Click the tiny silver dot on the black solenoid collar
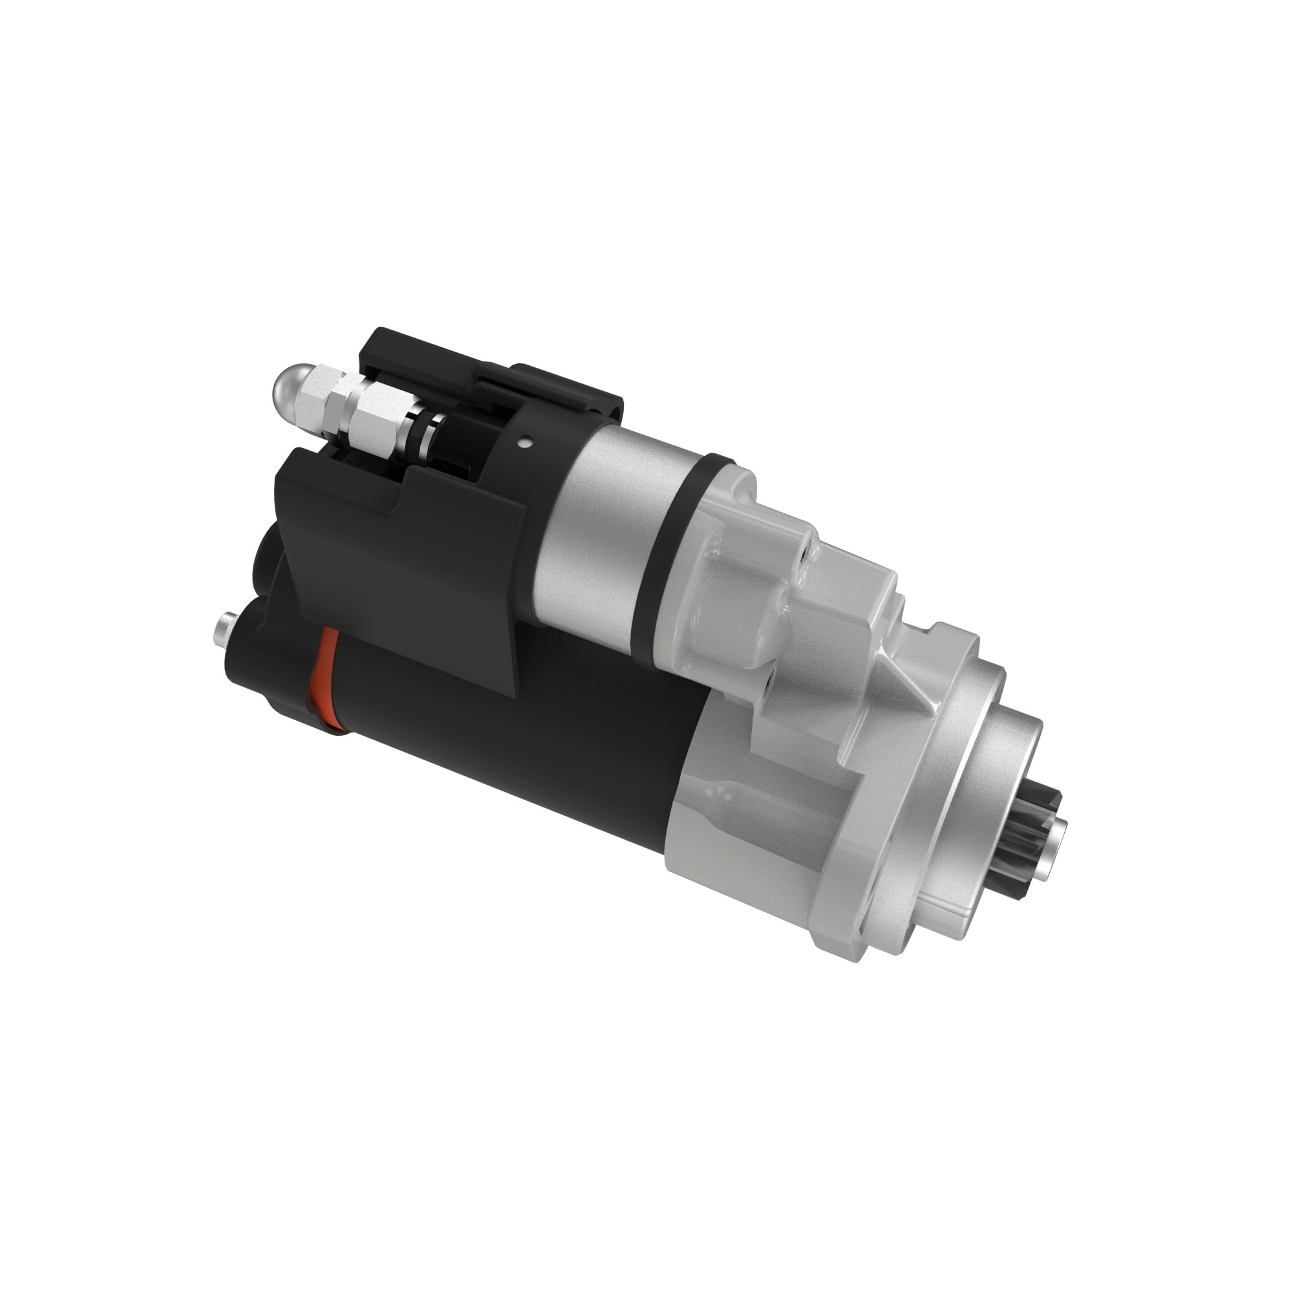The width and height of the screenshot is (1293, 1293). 529,441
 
